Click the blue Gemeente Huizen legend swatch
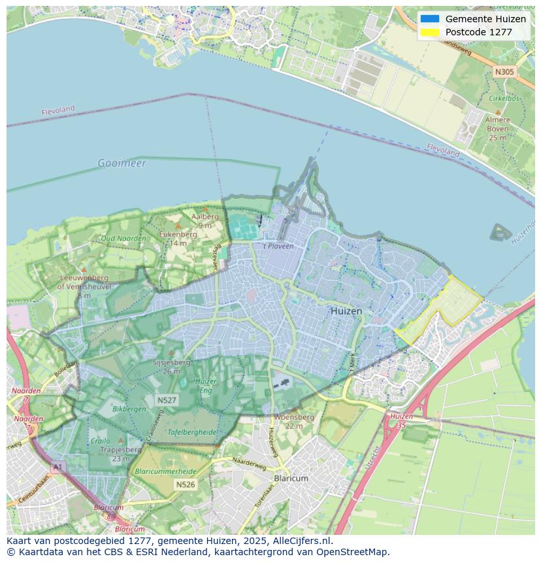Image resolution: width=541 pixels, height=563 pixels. point(430,19)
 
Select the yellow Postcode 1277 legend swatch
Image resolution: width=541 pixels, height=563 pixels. point(430,32)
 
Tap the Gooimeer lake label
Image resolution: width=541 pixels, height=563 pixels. point(122,163)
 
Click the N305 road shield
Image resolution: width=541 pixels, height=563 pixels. point(504,72)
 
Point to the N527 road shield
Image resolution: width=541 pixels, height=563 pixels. point(166,400)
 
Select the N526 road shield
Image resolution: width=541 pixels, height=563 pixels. point(185,485)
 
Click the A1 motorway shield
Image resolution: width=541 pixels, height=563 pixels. point(57,467)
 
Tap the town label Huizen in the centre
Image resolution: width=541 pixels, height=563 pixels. point(346,311)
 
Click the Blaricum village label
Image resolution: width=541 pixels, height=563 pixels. point(291,479)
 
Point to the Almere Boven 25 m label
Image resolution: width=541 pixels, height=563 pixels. point(497,129)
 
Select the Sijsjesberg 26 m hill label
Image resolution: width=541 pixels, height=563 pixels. point(171,366)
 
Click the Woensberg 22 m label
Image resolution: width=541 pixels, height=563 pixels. point(294,420)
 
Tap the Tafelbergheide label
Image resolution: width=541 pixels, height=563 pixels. point(193,432)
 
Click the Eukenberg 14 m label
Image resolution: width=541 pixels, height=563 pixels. point(178,238)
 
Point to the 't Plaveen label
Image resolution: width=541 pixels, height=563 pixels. point(278,247)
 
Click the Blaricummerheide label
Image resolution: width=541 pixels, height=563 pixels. point(165,471)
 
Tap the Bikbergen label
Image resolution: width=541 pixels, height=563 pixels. point(129,409)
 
